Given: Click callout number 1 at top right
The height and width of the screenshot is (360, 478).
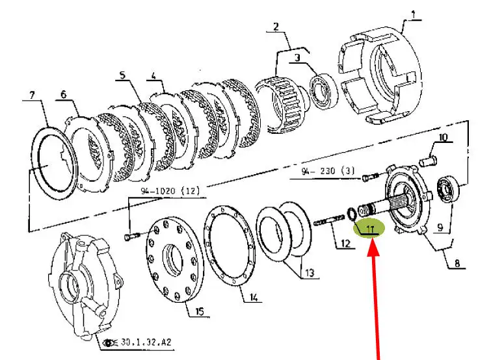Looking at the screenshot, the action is point(413,14).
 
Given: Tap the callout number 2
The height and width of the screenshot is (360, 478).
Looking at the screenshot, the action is point(276,27).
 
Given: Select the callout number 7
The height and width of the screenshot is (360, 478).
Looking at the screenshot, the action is point(33,95).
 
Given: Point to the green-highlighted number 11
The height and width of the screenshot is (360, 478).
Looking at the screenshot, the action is point(370,229).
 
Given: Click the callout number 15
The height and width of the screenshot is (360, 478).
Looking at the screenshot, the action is point(199,311).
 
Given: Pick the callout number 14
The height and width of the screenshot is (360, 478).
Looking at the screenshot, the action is point(254,297).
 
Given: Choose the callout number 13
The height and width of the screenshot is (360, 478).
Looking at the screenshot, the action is point(309,272).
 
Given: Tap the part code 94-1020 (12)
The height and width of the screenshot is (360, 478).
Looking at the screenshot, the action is point(170,191).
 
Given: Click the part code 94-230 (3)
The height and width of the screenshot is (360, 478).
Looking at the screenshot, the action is point(328,171).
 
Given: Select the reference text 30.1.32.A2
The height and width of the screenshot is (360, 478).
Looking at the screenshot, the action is point(146,342).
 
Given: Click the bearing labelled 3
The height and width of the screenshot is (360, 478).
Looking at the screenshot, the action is point(324,90).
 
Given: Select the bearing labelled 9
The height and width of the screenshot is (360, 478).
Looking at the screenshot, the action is point(447,190).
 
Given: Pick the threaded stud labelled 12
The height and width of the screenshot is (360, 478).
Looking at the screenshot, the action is point(329,220).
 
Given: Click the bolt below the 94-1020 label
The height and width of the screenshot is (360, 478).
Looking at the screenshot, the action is point(132,236).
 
